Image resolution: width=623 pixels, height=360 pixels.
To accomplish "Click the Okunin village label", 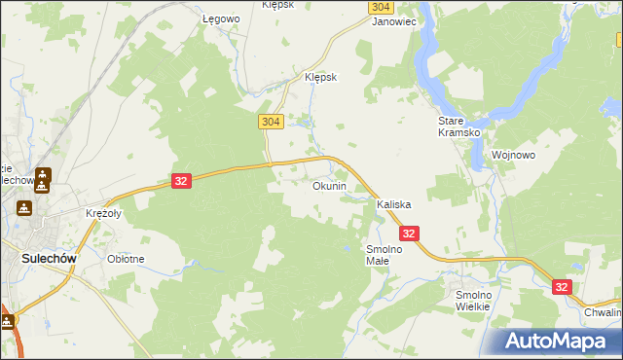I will (329, 186).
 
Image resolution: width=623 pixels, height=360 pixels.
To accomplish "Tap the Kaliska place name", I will (394, 205).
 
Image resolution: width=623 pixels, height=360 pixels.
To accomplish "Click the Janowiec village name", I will (394, 19).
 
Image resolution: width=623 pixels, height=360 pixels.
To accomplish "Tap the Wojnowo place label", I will (513, 155).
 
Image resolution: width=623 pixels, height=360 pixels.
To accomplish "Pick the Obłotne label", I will (126, 259).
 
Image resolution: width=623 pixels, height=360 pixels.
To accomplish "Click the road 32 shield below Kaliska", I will (409, 234).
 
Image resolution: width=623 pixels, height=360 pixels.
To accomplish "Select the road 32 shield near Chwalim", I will (562, 287).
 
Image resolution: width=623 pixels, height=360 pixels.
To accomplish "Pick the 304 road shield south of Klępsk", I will (272, 121).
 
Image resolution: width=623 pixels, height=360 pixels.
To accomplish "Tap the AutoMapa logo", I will (550, 341).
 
